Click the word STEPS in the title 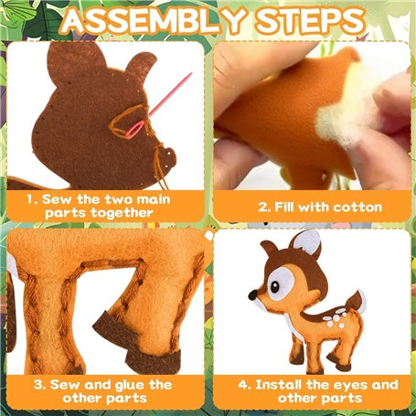pyautogui.click(x=311, y=21)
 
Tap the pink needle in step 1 pyautogui.click(x=158, y=106)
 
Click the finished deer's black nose pyautogui.click(x=252, y=294)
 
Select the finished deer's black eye pyautogui.click(x=275, y=286)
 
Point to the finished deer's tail pyautogui.click(x=356, y=303)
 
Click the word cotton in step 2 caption pyautogui.click(x=357, y=208)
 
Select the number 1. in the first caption pyautogui.click(x=32, y=199)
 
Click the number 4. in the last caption pyautogui.click(x=244, y=385)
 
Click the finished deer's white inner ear pyautogui.click(x=308, y=243)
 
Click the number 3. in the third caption pyautogui.click(x=40, y=385)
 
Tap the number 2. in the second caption pyautogui.click(x=264, y=208)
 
